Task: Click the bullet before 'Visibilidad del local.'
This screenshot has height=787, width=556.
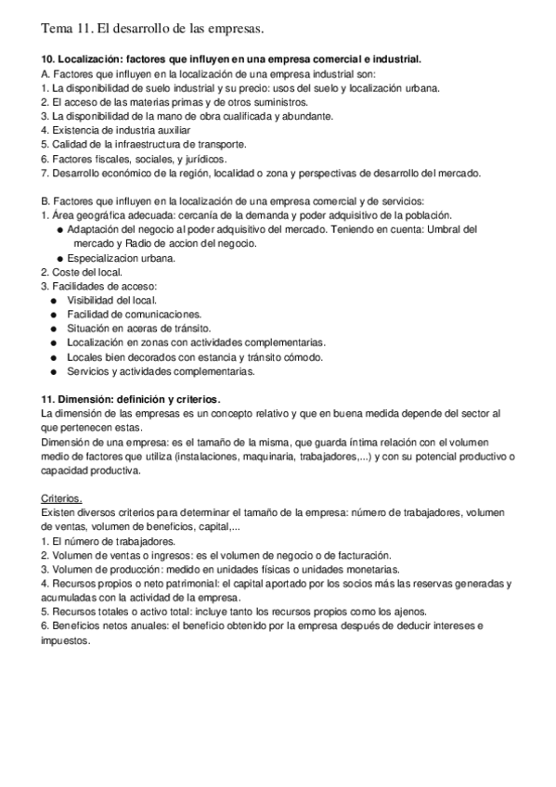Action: click(x=56, y=300)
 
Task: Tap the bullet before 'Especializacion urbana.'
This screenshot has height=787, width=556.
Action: click(x=60, y=258)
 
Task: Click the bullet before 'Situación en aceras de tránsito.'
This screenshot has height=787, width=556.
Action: click(x=56, y=329)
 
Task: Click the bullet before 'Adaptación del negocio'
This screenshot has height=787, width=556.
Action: click(x=60, y=229)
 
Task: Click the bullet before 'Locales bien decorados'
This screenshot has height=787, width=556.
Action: click(x=56, y=357)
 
